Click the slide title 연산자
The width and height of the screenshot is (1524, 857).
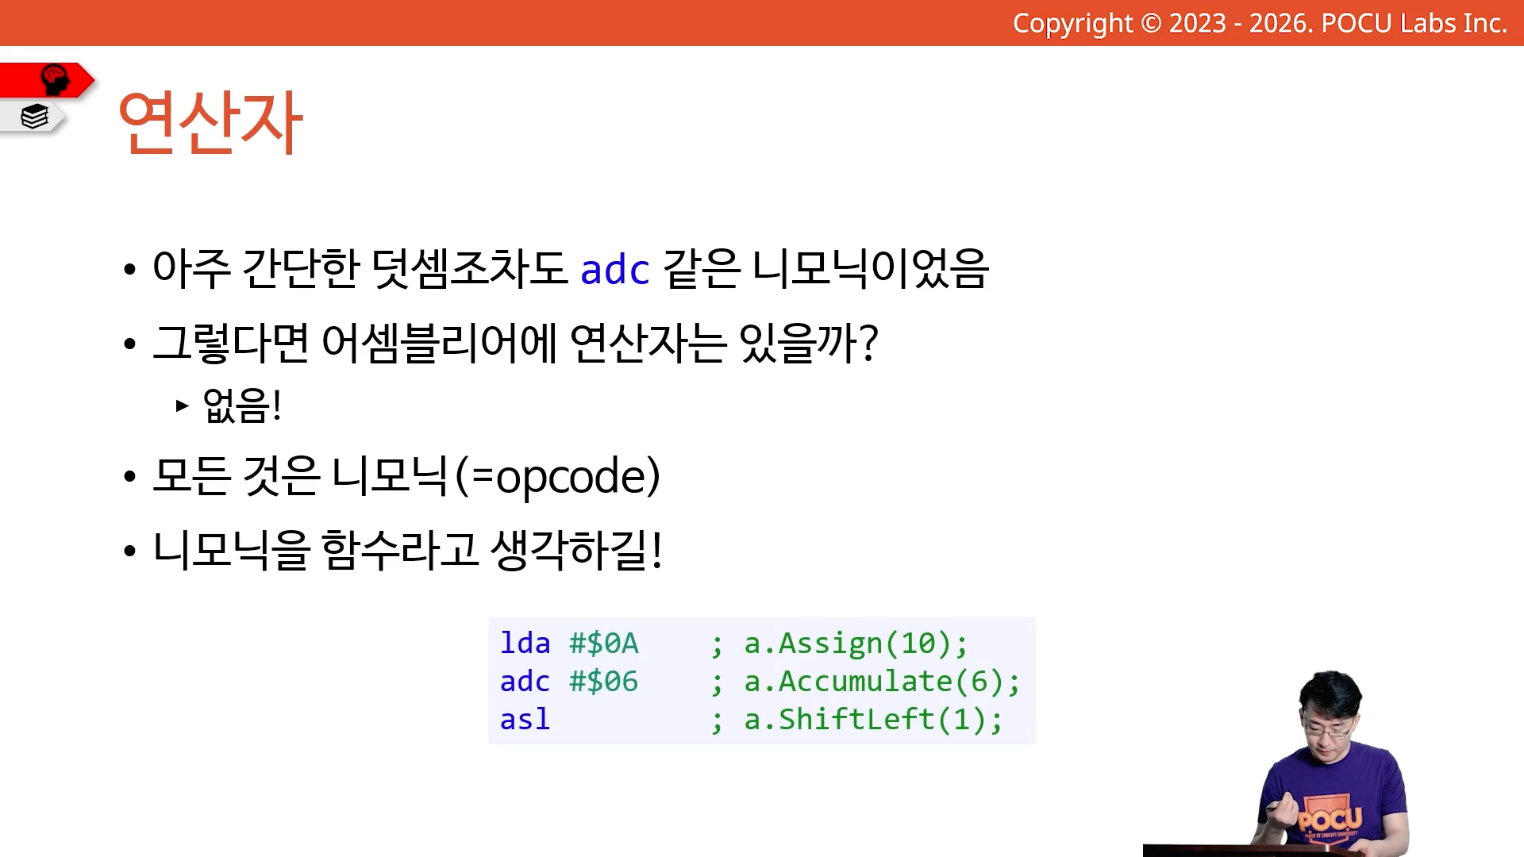[210, 121]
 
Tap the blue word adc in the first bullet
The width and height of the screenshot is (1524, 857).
[615, 269]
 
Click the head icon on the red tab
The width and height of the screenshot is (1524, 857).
[55, 79]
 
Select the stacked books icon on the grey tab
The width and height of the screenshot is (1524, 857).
[35, 117]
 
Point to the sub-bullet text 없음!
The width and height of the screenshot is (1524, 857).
[242, 405]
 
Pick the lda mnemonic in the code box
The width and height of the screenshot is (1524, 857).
[525, 643]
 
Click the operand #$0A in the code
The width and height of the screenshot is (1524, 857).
[604, 643]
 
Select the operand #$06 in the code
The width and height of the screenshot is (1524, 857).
[604, 681]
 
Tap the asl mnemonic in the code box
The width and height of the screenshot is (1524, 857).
[525, 719]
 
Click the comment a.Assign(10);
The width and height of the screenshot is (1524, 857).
[856, 644]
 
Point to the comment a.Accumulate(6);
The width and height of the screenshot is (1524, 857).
[882, 682]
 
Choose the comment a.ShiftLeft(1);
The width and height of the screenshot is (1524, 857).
[873, 720]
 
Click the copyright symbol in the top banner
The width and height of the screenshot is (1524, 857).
[1151, 24]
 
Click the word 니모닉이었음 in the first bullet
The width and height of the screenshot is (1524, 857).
[870, 268]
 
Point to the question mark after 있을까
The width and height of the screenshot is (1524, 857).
[868, 344]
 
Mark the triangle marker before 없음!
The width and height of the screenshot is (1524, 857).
[183, 405]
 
